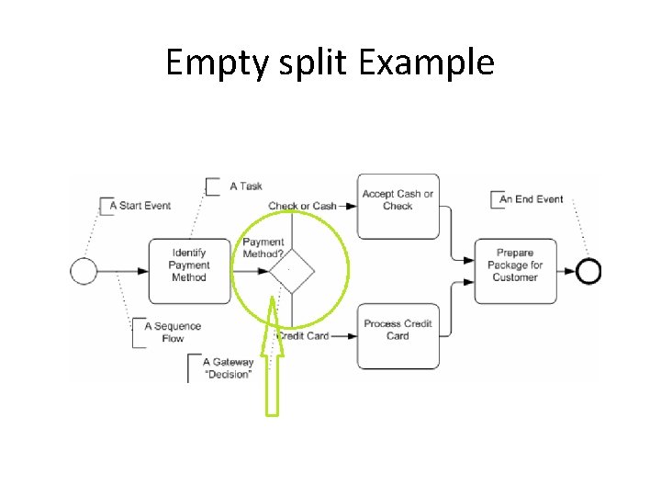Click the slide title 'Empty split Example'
pos(330,62)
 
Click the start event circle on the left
pos(84,271)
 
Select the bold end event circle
pos(588,271)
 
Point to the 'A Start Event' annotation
pos(140,206)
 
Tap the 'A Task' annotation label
pos(245,186)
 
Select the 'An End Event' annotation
pos(531,199)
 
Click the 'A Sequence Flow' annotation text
pos(172,333)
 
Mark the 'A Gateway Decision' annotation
pos(228,368)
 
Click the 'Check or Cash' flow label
pos(302,206)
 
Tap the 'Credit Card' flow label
pos(303,336)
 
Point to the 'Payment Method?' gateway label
pos(263,248)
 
